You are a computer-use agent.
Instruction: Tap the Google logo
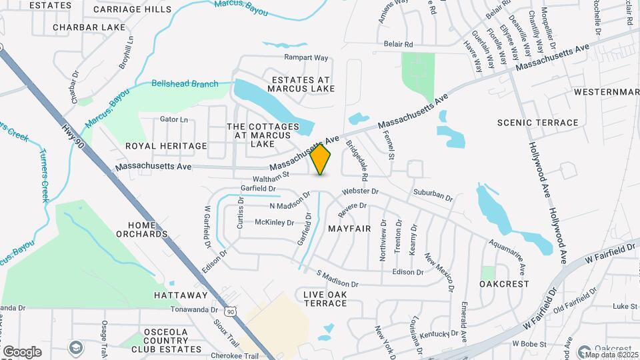click(x=22, y=351)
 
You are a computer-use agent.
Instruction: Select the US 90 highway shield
click(x=230, y=311)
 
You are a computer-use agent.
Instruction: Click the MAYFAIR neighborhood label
click(x=349, y=228)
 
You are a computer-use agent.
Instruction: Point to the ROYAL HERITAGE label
click(x=166, y=145)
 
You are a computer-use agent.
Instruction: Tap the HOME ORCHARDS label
click(x=141, y=229)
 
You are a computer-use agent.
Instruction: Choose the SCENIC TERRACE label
click(x=538, y=123)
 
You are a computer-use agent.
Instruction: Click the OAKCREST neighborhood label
click(x=504, y=283)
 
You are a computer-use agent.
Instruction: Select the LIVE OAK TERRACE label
click(x=325, y=299)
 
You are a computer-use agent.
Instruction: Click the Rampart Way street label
click(x=306, y=57)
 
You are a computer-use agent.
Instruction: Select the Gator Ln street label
click(x=174, y=119)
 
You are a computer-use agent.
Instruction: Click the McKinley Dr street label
click(x=274, y=222)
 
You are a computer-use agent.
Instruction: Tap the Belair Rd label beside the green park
click(x=399, y=44)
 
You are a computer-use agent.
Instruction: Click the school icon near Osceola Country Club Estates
click(x=76, y=348)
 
